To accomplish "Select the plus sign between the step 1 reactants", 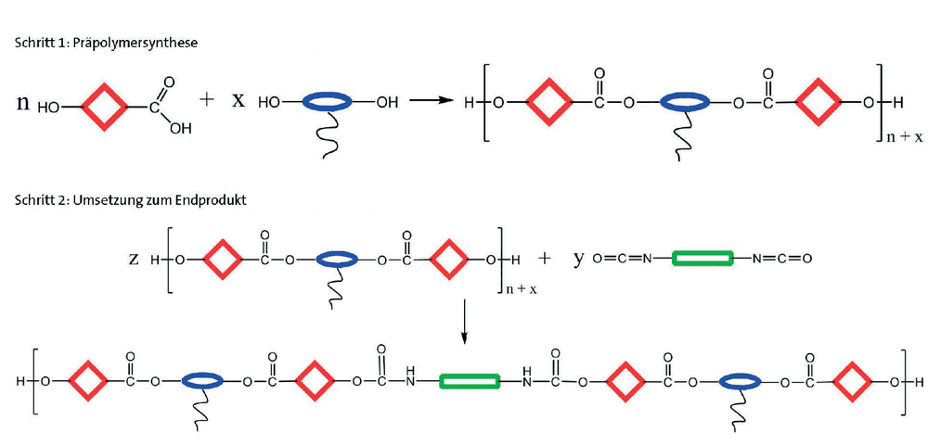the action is [x=207, y=99].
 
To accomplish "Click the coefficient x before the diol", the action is [x=238, y=100].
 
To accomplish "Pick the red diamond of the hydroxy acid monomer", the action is [x=105, y=107].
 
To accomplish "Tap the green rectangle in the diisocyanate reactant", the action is [x=702, y=259].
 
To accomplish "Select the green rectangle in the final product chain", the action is [x=470, y=382].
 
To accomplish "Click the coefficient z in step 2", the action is [x=134, y=260].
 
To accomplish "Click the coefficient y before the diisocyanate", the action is [x=578, y=260].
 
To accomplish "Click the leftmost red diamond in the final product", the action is [x=88, y=382].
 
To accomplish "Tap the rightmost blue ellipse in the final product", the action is [x=740, y=382].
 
